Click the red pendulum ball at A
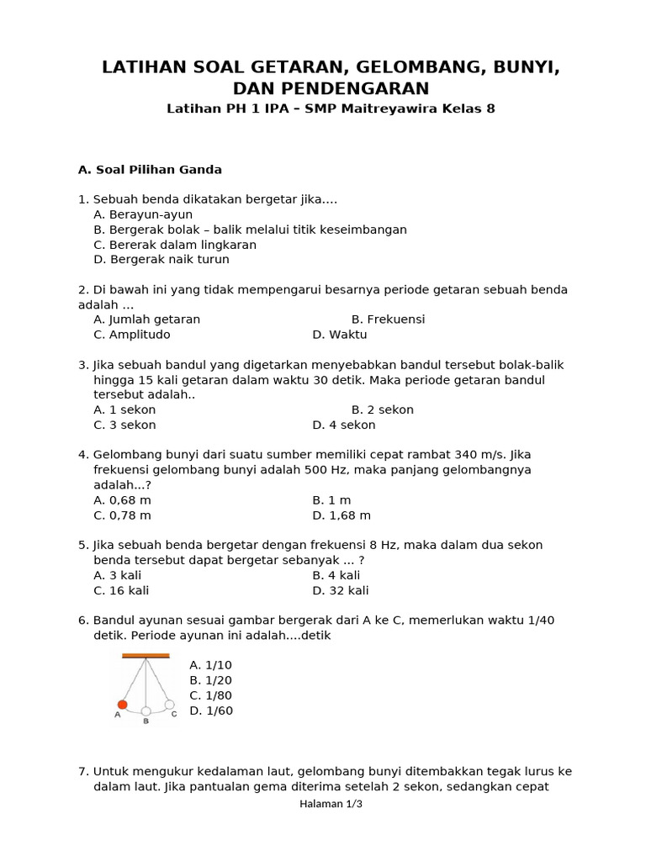(x=123, y=705)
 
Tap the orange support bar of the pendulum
(x=146, y=655)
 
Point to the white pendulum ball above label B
(x=146, y=711)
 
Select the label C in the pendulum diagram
(x=174, y=714)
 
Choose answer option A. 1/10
(x=210, y=665)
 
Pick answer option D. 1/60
(x=211, y=710)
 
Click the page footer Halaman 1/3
(x=331, y=804)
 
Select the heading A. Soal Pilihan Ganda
(x=150, y=170)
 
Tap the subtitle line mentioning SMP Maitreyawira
(x=331, y=108)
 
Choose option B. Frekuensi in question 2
(x=388, y=320)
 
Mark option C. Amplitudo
(x=132, y=335)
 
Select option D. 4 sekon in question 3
(x=344, y=425)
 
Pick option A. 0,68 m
(x=123, y=500)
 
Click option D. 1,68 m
(x=342, y=515)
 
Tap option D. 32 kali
(x=341, y=591)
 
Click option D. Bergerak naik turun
(x=161, y=260)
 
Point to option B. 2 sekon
(x=383, y=410)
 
